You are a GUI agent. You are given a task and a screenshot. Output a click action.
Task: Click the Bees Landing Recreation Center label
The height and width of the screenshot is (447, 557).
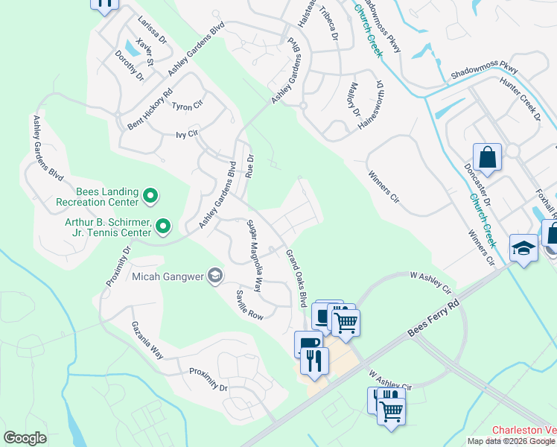click(97, 197)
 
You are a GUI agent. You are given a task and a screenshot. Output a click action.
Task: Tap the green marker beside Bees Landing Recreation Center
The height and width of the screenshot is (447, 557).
click(150, 197)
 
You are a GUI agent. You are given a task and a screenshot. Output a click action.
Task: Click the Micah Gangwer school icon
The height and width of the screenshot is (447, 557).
click(215, 276)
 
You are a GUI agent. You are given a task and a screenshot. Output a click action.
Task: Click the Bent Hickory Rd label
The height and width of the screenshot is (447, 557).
click(150, 110)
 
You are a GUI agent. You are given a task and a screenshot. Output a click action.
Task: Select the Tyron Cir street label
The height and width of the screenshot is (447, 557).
click(187, 107)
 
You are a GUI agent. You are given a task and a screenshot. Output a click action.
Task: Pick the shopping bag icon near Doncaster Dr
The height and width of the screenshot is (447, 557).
click(487, 157)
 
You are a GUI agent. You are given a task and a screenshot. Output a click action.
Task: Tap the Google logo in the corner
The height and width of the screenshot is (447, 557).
click(25, 438)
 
